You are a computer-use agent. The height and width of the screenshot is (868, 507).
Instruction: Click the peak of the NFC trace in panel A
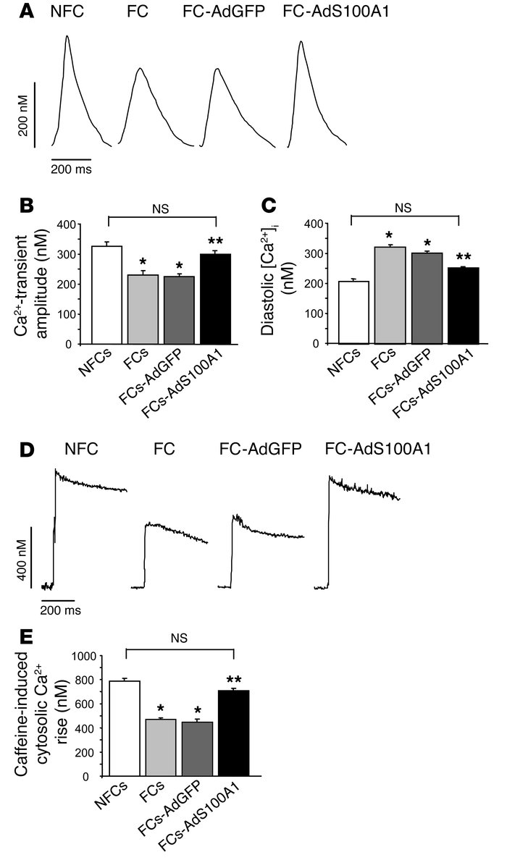(67, 37)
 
